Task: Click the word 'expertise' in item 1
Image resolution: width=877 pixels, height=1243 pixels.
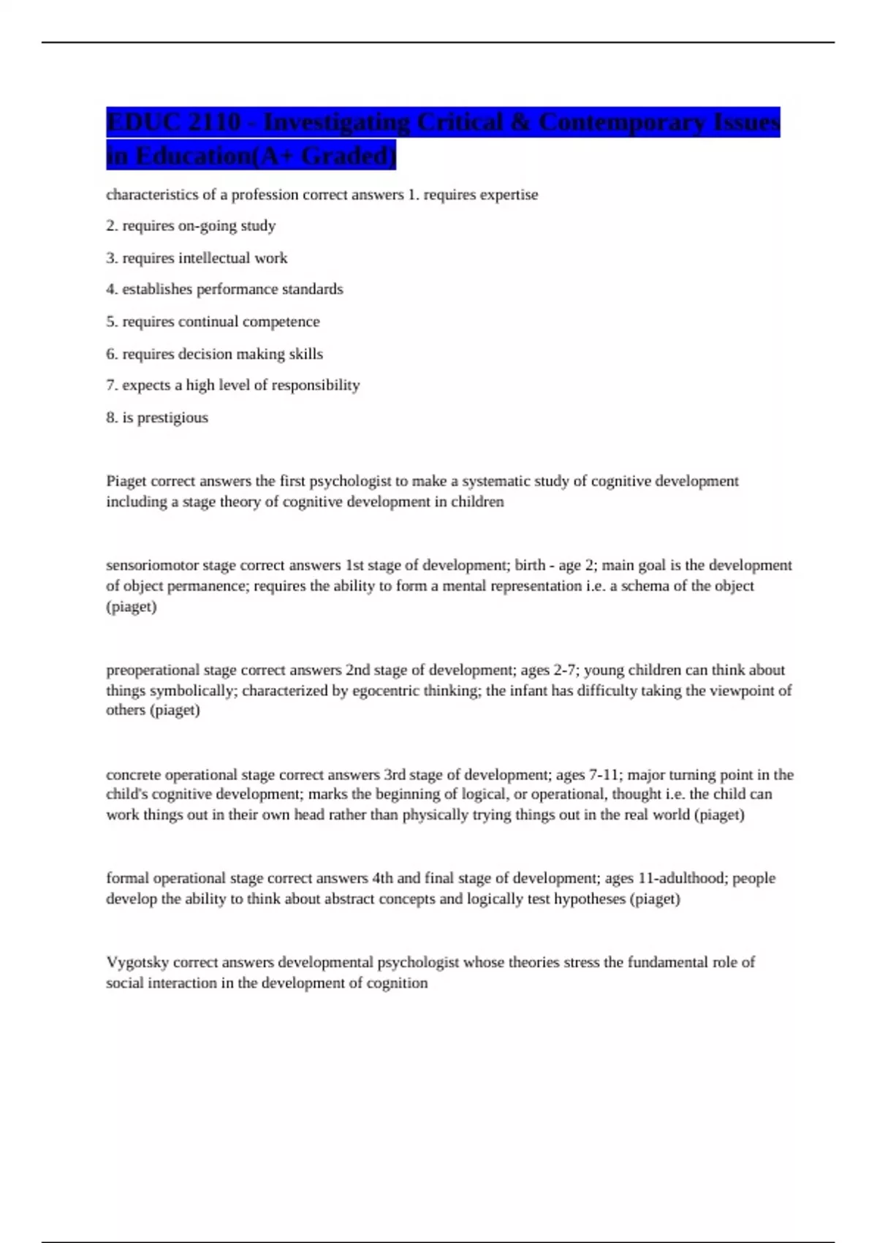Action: tap(509, 195)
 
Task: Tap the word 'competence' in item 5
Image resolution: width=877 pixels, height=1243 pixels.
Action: tap(281, 322)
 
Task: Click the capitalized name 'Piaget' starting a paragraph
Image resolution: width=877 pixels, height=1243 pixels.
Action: tap(126, 481)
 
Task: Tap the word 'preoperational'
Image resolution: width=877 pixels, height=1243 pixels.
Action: tap(153, 670)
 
